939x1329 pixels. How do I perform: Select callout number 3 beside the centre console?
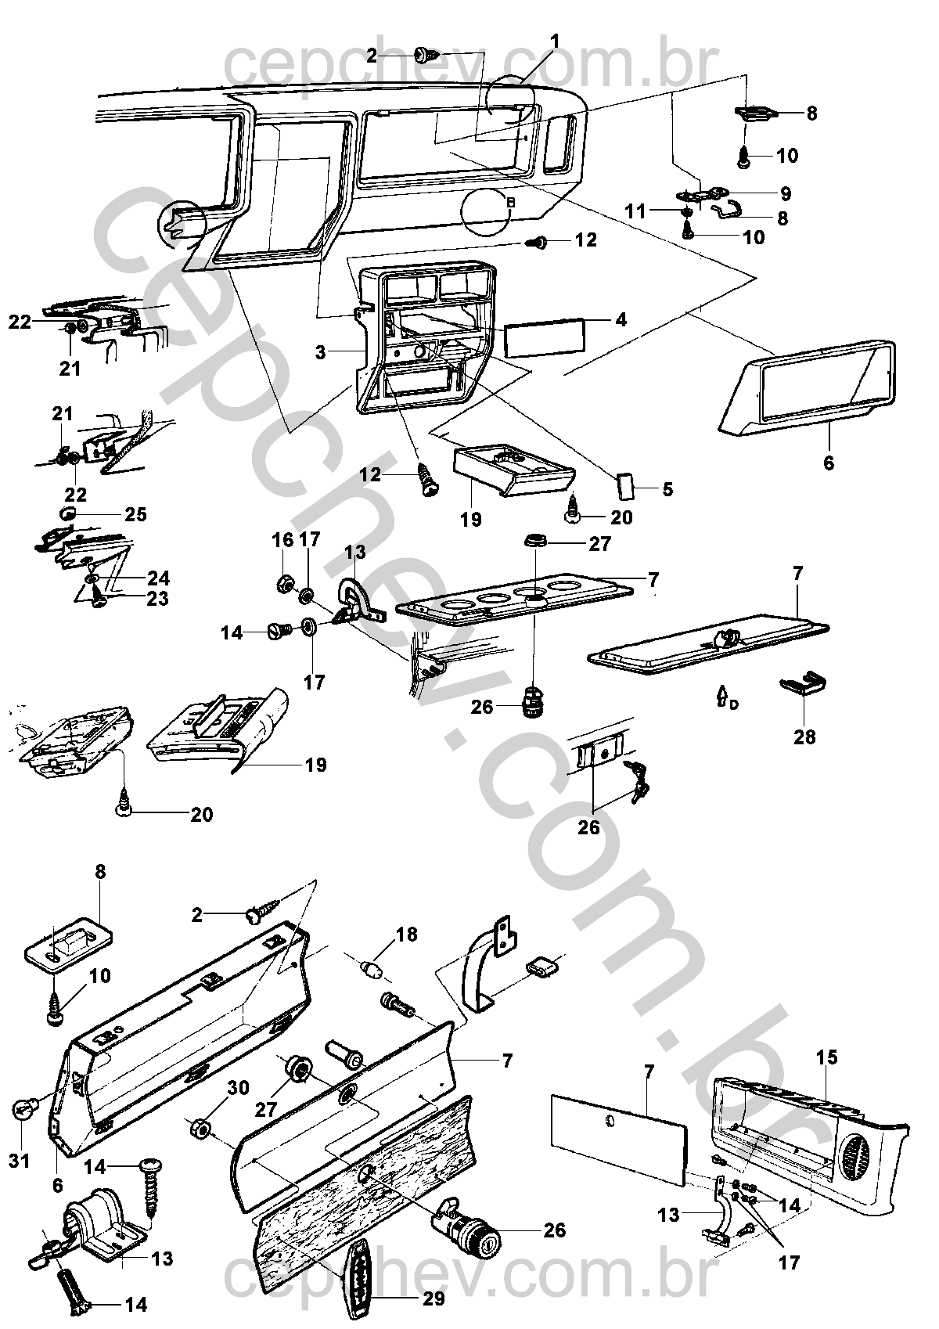click(321, 352)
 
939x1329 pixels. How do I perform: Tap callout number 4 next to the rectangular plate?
click(621, 320)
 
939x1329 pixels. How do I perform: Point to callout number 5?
click(667, 491)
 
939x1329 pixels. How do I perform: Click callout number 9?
click(785, 193)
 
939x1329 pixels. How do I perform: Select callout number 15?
click(826, 1058)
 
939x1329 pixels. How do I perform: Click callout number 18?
click(407, 935)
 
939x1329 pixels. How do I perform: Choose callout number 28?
click(804, 737)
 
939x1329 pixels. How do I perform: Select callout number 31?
click(19, 1161)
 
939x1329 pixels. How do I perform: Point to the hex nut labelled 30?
click(199, 1128)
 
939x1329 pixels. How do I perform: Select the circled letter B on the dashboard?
click(510, 202)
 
